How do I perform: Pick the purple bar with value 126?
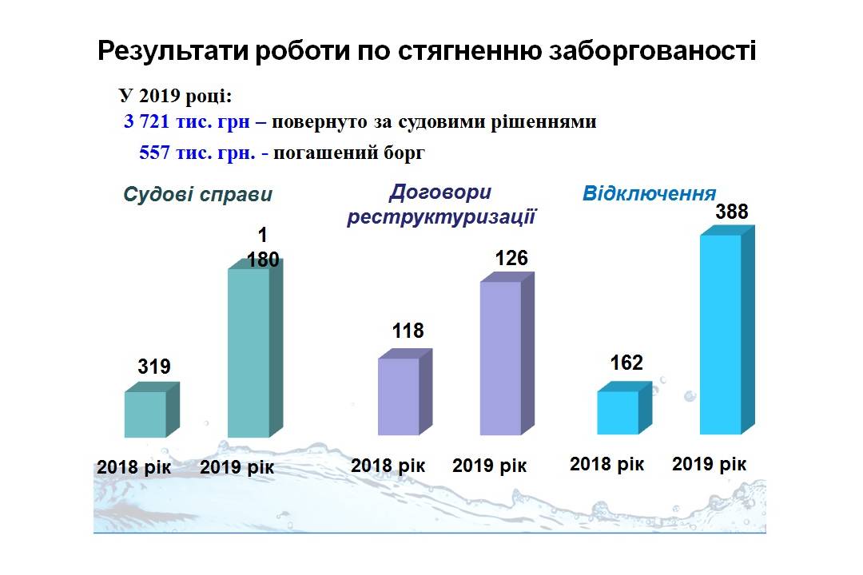tap(507, 354)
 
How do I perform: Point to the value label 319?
tap(154, 367)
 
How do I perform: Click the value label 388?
tap(731, 212)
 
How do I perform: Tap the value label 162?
tap(626, 363)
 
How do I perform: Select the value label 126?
tap(511, 258)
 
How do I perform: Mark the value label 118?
tap(408, 331)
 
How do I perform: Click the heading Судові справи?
tap(197, 195)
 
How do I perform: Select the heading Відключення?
tap(650, 194)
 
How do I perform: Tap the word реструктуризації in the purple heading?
tap(441, 216)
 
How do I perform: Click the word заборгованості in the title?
tap(652, 51)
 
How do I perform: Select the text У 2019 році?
tap(176, 96)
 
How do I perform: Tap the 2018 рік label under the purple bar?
tap(388, 466)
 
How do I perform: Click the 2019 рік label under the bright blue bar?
tap(709, 465)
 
